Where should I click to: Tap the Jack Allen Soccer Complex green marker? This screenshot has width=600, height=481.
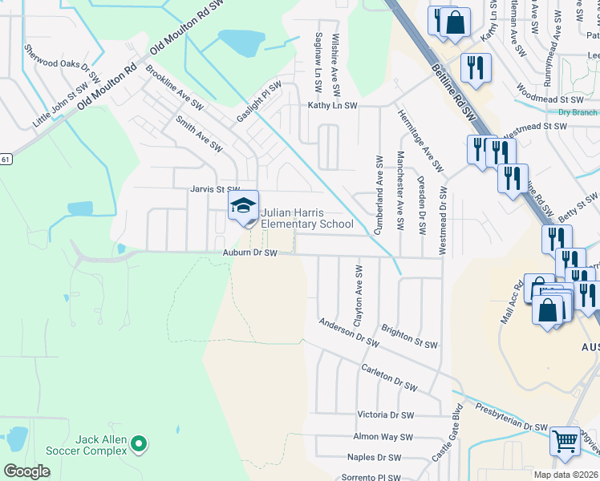(x=139, y=442)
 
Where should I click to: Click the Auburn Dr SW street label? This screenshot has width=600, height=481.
(x=249, y=253)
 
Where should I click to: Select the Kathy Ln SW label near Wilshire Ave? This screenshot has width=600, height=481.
(x=333, y=106)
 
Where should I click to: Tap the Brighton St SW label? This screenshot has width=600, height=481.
(x=409, y=337)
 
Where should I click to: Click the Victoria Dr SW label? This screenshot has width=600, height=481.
(x=385, y=415)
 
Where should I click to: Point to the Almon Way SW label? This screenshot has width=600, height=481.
(x=383, y=437)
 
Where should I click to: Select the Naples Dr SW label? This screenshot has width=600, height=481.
(x=374, y=458)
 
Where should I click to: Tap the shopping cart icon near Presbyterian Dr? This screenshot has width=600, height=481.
(x=566, y=440)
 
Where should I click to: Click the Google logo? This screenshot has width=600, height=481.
(x=26, y=471)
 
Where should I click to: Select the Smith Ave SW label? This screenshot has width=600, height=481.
(x=198, y=134)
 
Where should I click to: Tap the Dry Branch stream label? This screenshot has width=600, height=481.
(x=578, y=113)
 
